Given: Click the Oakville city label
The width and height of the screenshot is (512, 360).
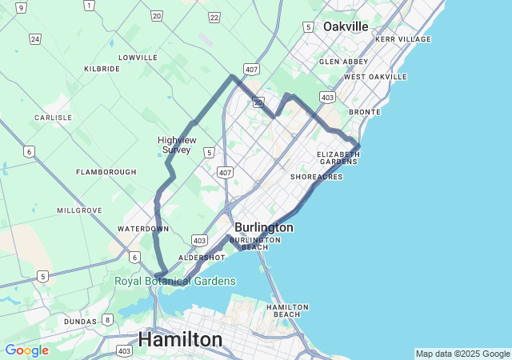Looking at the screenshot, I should (x=346, y=26).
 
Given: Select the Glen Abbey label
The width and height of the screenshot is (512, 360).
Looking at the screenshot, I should (x=344, y=62).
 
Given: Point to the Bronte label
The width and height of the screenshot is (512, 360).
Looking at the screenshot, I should (x=365, y=112).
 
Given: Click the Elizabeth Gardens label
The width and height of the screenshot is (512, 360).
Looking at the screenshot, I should (x=338, y=158).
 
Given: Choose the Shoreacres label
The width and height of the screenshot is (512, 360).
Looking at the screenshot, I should (x=316, y=176).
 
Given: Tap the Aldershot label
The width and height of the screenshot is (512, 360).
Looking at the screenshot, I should (x=202, y=258).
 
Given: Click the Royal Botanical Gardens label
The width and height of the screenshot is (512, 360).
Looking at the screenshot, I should (x=175, y=281).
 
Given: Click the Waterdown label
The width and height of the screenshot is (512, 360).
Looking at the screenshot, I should (x=143, y=229).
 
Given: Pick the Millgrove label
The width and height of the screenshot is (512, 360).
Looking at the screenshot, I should (x=79, y=210).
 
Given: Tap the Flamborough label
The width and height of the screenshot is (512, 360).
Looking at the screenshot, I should (x=106, y=172).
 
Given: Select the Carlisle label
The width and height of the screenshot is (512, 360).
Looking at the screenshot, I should (x=54, y=118).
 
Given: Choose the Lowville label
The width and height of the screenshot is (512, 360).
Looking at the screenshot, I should (x=138, y=58).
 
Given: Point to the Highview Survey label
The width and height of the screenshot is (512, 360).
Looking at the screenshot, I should (x=177, y=145).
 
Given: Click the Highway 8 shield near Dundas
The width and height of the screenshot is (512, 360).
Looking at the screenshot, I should (x=107, y=320).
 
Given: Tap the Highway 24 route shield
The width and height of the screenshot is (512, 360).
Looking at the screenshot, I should (x=34, y=38).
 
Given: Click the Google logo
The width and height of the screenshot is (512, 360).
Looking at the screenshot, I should (x=26, y=350).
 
